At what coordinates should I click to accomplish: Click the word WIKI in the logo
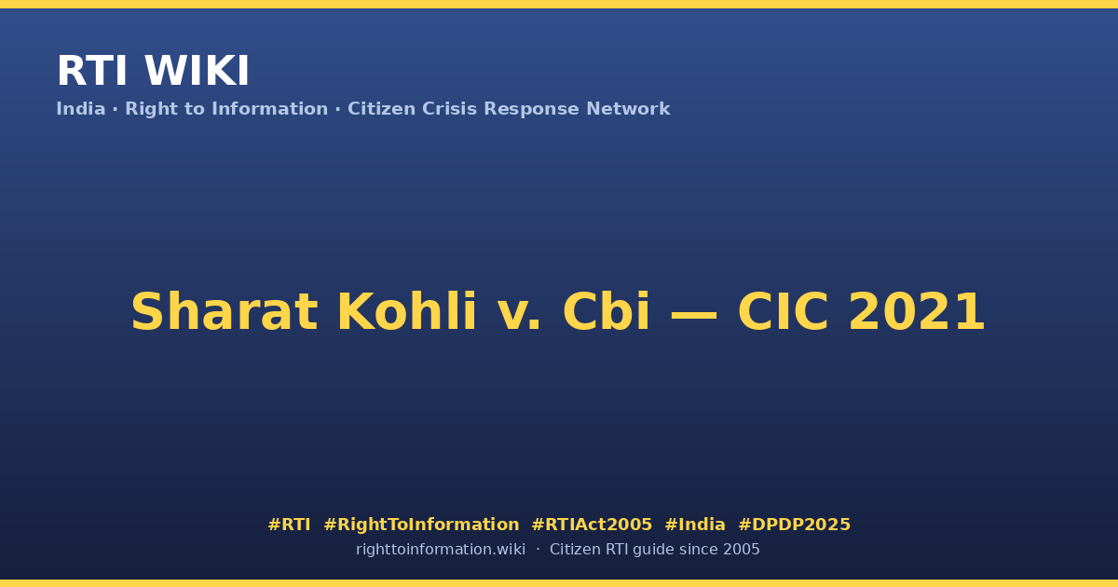coord(197,71)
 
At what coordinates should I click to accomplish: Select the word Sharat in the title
coord(225,312)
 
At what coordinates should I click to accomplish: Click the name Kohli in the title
coord(407,311)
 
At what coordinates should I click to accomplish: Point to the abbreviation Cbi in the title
coord(607,311)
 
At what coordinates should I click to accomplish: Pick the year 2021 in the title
coord(917,312)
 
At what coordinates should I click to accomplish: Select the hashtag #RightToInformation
coord(421,525)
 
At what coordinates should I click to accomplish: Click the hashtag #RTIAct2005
coord(592,525)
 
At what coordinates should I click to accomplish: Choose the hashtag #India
coord(695,525)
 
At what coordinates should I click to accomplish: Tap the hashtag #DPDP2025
coord(794,525)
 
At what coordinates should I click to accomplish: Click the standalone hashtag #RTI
coord(289,525)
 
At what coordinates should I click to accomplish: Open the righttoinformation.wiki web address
coord(440,550)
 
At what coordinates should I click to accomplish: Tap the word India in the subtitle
coord(81,109)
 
